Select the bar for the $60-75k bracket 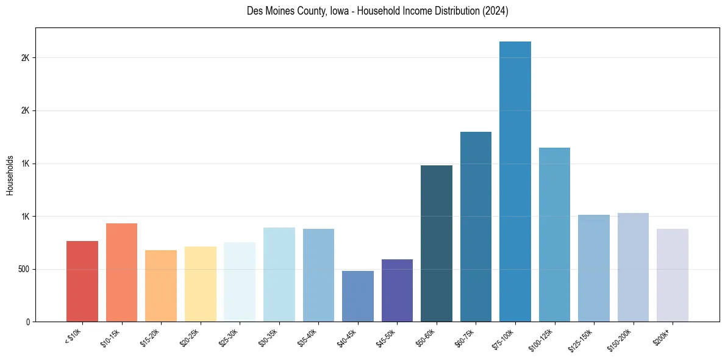coord(476,226)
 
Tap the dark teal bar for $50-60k coord(437,243)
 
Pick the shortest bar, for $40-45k coord(358,296)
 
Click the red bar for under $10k coord(82,281)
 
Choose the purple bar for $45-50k coord(397,290)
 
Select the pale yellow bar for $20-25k coord(201,284)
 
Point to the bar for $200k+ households coord(673,275)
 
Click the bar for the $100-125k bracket coord(554,234)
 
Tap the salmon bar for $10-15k coord(121,272)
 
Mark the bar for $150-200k coord(633,267)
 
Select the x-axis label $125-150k coord(584,339)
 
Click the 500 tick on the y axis coord(23,269)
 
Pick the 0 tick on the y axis coord(27,322)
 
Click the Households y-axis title coord(10,175)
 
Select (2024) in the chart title coord(496,12)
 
